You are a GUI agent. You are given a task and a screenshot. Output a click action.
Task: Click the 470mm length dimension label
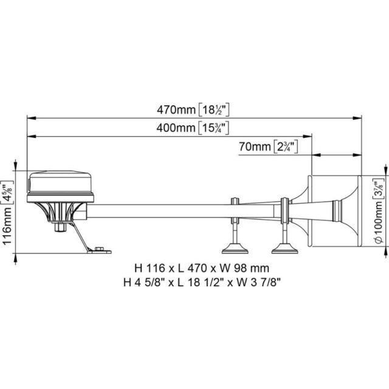176,109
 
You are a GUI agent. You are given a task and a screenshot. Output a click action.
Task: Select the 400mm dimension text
176,128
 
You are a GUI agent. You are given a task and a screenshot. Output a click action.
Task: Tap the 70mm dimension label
255,146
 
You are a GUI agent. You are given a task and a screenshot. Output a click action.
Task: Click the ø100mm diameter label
379,221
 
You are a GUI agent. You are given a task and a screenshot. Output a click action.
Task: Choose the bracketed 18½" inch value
214,110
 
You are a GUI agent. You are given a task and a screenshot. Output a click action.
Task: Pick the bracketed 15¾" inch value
213,128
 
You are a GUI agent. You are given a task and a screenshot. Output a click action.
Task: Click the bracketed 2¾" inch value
285,147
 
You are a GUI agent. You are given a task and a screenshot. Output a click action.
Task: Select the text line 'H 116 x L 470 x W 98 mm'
202,268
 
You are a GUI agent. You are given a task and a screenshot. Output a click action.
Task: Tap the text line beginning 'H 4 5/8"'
202,283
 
